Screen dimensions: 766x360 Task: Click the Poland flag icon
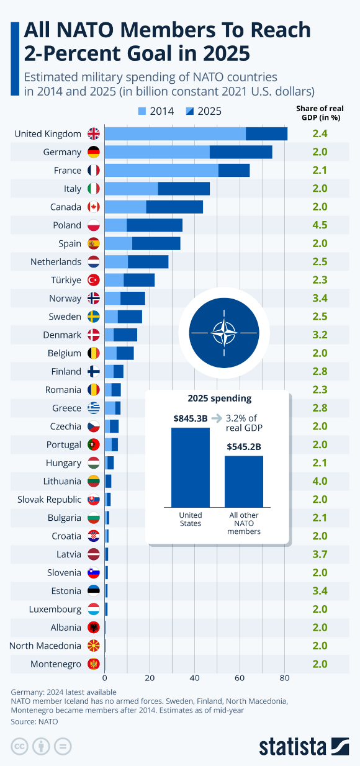(93, 225)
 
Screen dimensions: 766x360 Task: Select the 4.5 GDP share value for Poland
(320, 225)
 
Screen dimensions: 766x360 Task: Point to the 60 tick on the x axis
(240, 677)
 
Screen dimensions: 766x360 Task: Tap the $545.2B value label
(244, 446)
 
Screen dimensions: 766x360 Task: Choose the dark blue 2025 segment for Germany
(241, 152)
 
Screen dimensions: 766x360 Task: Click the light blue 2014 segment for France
(161, 170)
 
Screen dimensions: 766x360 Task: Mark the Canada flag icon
(93, 207)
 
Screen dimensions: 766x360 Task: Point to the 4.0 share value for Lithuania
(320, 481)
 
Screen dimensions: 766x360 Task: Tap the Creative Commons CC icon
(20, 746)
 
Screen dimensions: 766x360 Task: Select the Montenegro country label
(56, 664)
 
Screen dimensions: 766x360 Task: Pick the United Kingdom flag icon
(93, 133)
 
